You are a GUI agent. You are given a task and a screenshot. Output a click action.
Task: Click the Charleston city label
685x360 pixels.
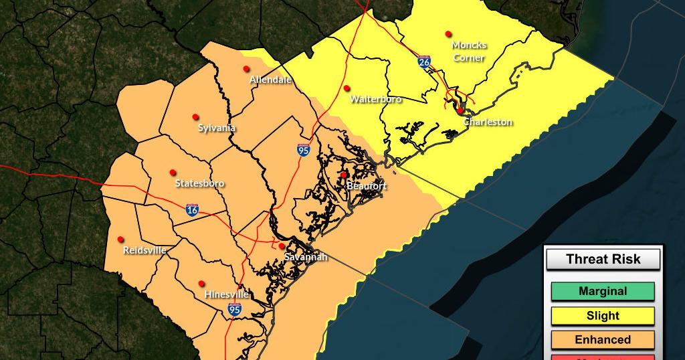pos(488,122)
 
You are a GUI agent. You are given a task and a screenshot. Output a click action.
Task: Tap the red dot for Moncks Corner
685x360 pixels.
pos(448,33)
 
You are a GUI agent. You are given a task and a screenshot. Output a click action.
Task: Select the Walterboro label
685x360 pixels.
pos(375,99)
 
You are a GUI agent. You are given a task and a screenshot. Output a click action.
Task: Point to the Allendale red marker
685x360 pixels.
pos(246,68)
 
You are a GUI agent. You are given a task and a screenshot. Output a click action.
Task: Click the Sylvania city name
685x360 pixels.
pos(217,128)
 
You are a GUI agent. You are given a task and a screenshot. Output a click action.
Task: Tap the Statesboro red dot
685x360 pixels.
pos(173,173)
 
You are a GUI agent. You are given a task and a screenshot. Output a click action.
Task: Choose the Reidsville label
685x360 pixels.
pos(144,250)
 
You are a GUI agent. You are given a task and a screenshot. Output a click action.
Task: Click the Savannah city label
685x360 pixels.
pos(306,257)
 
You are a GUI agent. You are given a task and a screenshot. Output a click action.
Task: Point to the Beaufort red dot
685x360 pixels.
pos(344,175)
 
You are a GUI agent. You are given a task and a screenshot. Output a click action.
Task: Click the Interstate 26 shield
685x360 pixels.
pos(425,62)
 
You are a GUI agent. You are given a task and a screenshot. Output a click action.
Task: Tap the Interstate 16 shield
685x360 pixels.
pos(192,209)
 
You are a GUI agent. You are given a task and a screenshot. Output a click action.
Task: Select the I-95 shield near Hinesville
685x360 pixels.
pos(234,308)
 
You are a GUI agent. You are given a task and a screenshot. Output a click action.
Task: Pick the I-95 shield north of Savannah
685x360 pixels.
pos(304,150)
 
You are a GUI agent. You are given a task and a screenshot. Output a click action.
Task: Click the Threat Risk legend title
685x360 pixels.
pos(603,259)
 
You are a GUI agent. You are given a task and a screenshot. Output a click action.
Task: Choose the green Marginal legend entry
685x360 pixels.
pos(603,291)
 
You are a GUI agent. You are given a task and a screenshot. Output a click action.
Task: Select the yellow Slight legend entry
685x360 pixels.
pos(603,315)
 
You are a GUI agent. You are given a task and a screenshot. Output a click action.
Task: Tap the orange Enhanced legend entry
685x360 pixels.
pos(603,339)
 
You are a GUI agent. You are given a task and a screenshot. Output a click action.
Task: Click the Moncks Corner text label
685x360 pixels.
pos(469,51)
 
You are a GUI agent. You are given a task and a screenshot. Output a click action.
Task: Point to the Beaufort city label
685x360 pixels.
pos(366,185)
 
